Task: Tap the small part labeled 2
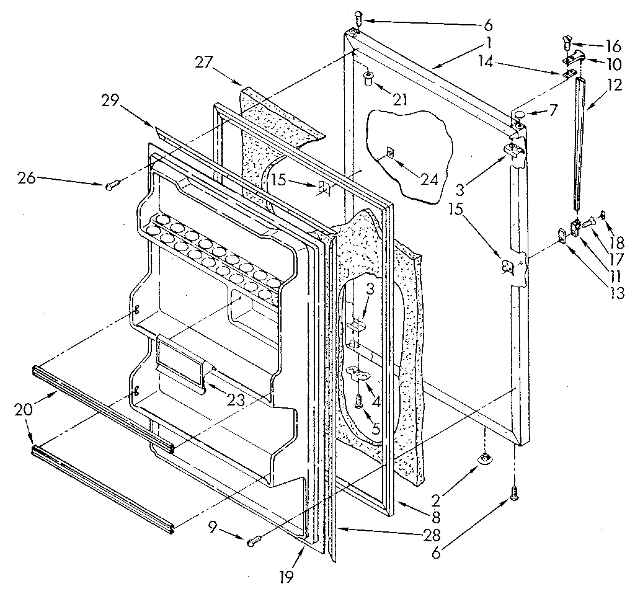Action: click(x=484, y=458)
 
